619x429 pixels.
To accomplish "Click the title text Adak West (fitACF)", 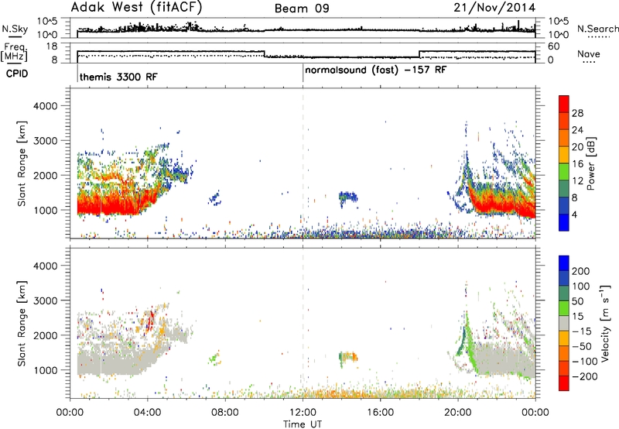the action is pos(136,8).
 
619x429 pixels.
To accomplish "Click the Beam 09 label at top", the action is pos(302,9).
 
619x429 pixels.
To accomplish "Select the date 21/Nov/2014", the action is pos(494,8).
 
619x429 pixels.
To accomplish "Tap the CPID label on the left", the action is pos(17,74).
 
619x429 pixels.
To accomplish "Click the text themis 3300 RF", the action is pos(118,77).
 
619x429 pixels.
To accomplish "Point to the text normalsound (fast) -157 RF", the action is pos(376,70).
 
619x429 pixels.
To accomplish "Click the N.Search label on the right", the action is pos(598,29).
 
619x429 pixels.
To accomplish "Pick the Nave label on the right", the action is pos(589,53).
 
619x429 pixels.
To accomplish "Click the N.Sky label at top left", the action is pos(15,29).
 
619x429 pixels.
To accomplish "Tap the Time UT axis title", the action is pos(303,424).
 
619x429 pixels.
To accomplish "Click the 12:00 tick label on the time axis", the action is pos(303,413).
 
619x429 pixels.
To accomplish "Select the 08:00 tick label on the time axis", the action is pos(225,413).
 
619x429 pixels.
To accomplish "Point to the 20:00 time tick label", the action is pos(458,413).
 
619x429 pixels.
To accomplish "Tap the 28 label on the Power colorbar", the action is pos(577,113).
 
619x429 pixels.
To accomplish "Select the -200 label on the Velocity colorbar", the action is pos(584,376).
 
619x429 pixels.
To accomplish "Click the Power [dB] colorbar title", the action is pos(591,163).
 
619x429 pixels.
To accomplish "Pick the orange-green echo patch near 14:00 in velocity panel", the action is pos(348,358).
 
